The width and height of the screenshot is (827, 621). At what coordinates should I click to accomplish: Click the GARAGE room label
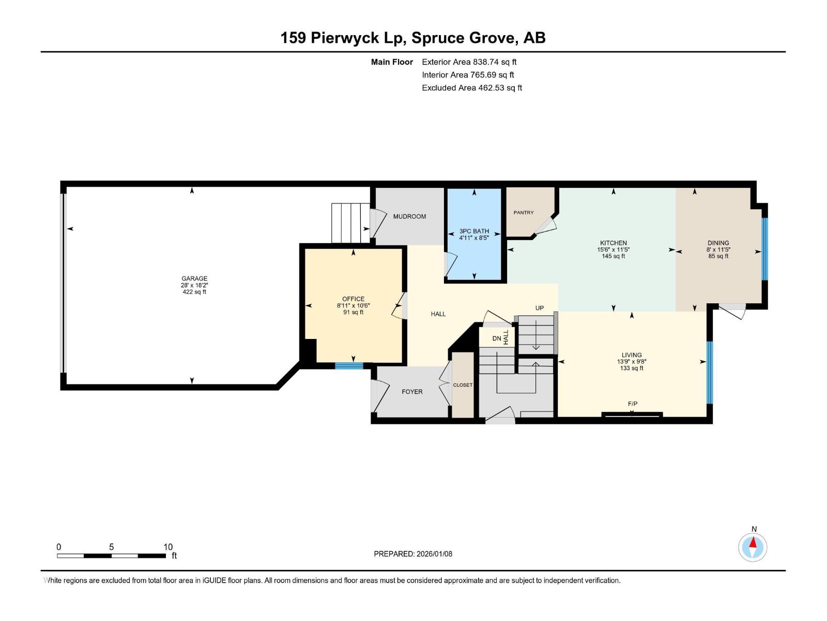click(194, 278)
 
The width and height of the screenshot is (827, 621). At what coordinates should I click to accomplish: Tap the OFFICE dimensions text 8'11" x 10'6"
click(353, 306)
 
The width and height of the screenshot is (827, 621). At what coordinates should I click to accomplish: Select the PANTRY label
click(524, 213)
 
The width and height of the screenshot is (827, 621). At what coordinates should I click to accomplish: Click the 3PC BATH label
click(474, 231)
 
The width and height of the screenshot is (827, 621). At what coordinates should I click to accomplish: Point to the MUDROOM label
click(409, 216)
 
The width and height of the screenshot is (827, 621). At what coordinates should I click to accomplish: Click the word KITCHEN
click(613, 243)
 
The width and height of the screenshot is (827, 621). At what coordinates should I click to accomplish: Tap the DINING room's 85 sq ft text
click(718, 256)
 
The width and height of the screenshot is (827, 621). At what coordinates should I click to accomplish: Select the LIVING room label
click(632, 355)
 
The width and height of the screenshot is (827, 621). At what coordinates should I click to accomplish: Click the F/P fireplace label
click(633, 404)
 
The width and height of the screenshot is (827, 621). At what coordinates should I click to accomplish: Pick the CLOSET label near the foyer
click(463, 385)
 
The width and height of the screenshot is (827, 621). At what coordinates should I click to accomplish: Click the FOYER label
click(412, 392)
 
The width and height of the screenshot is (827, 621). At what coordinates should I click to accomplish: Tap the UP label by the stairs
click(539, 308)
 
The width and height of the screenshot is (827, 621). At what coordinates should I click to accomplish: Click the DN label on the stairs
click(497, 338)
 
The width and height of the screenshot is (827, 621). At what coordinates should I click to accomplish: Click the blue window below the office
click(349, 366)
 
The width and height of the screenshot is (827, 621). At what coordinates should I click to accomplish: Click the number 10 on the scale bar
click(168, 547)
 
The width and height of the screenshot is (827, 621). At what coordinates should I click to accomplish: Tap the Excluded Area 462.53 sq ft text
click(471, 88)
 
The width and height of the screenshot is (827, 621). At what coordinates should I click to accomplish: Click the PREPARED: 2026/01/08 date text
click(413, 554)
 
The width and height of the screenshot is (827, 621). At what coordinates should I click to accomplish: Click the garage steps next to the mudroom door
click(351, 223)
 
